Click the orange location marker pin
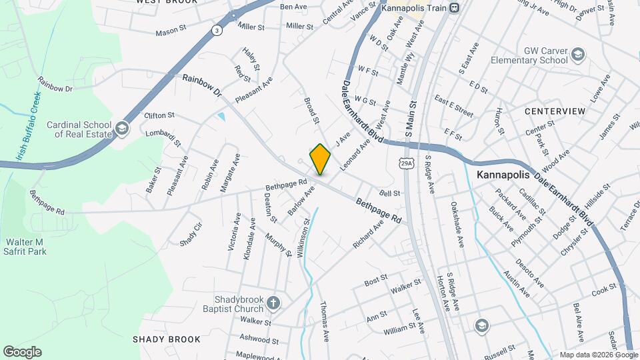coord(320,159)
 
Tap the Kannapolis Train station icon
coord(454,8)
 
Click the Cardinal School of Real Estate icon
coord(121,128)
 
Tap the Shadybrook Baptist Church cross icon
coord(273,305)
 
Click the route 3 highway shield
coord(216,30)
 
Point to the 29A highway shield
coord(406,162)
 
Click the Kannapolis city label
coord(503,175)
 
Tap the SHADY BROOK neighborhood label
coord(166,339)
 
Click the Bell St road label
coord(389,193)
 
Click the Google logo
coord(21,352)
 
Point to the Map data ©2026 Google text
coord(598,355)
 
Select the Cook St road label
coord(604,289)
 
